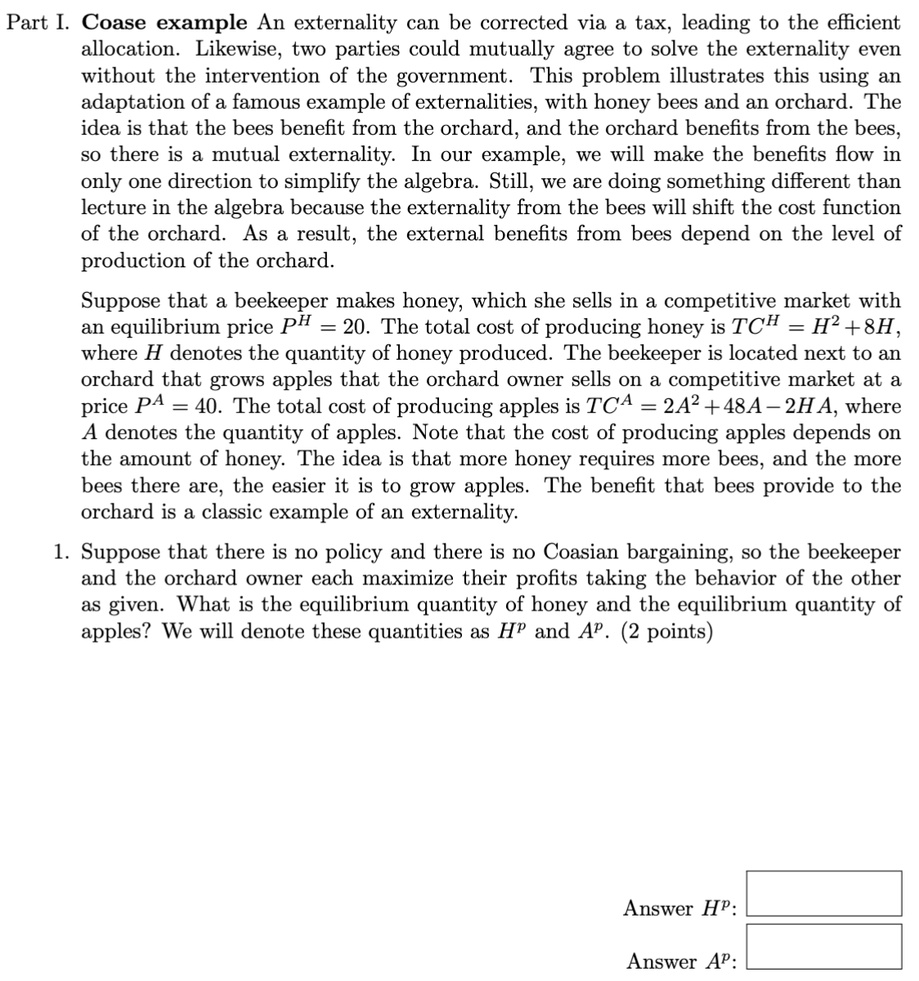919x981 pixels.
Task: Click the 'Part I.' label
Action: click(x=40, y=22)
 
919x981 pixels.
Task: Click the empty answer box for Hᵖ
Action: click(x=824, y=894)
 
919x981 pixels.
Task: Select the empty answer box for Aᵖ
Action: click(x=824, y=947)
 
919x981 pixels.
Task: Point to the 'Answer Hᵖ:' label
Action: click(x=680, y=908)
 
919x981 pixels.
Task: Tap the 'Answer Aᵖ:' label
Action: click(x=682, y=961)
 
